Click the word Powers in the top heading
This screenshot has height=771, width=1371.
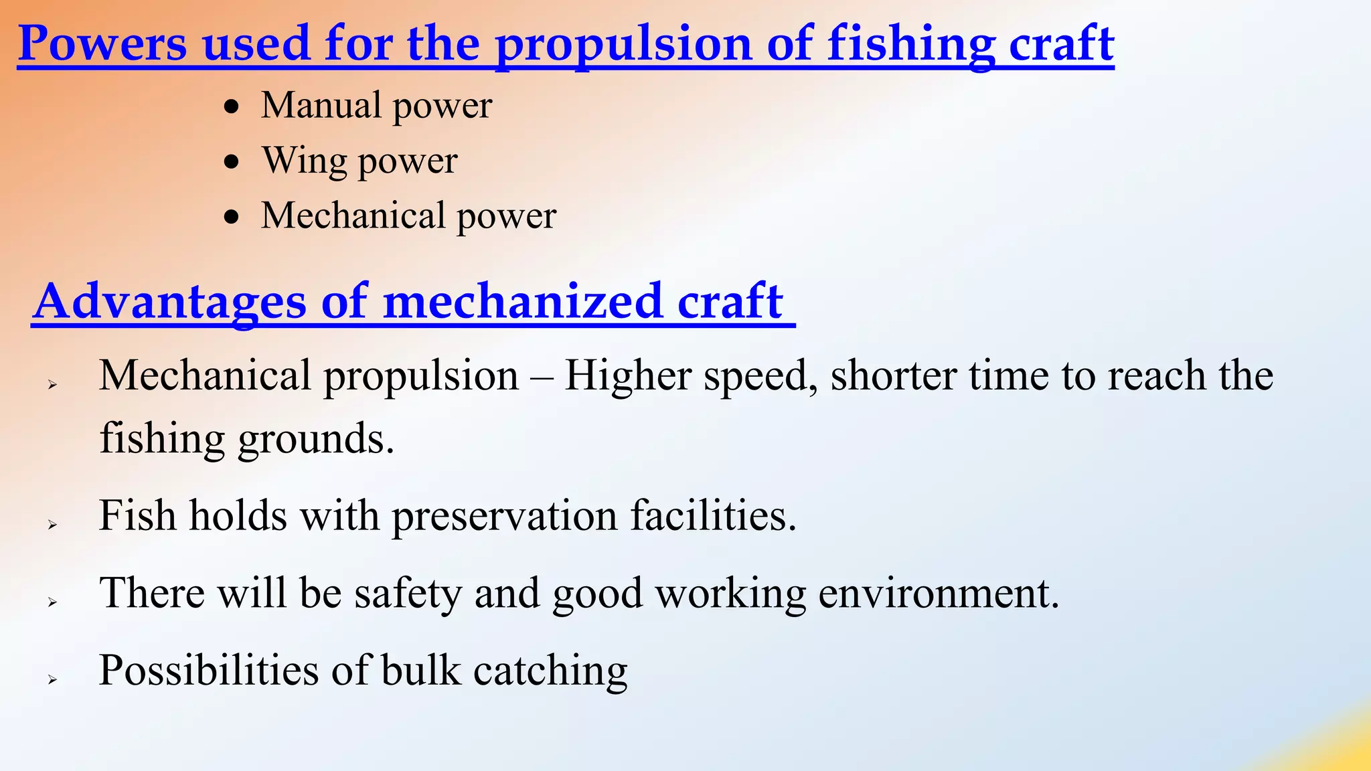(102, 44)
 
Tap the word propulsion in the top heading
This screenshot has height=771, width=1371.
(624, 44)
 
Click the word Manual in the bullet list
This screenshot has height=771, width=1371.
(321, 106)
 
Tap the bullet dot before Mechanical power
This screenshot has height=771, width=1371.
(232, 217)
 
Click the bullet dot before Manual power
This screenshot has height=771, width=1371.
(232, 106)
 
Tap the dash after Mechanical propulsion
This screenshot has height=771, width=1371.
(542, 377)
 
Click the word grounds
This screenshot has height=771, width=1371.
(315, 439)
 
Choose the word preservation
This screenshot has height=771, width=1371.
(504, 516)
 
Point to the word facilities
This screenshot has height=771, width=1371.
(713, 516)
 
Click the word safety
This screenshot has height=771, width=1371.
(408, 594)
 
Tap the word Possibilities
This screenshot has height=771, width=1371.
(209, 670)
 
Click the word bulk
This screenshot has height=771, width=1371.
(421, 670)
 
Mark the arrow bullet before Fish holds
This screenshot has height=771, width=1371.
(52, 525)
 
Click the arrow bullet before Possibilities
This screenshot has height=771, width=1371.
(52, 679)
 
